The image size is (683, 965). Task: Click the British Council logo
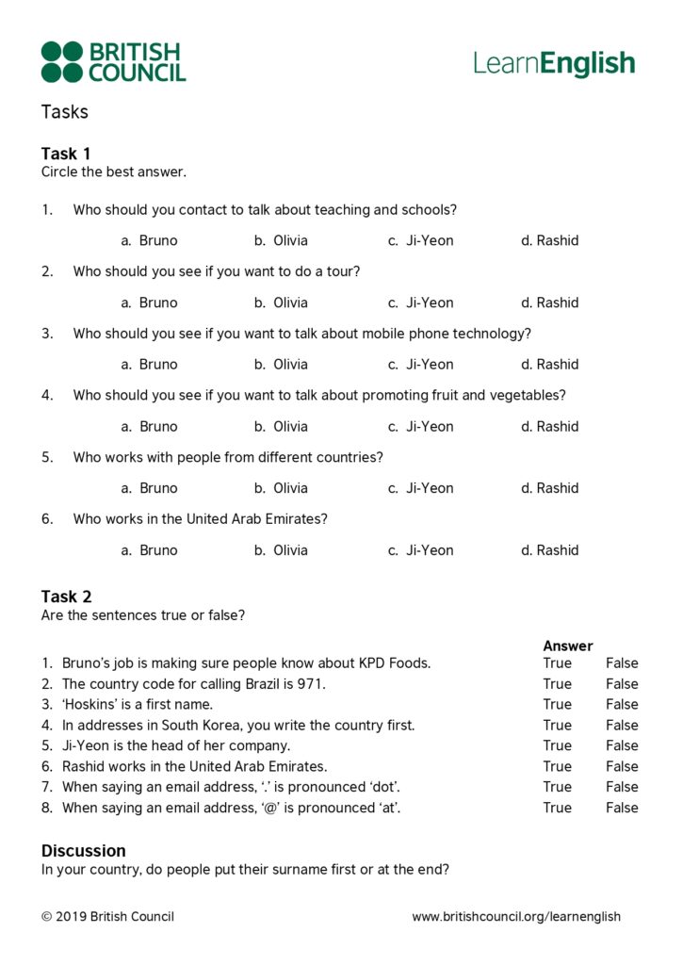click(x=113, y=61)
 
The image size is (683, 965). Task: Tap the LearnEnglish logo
click(x=554, y=63)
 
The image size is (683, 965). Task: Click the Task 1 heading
click(x=66, y=154)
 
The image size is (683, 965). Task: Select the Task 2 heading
click(x=66, y=597)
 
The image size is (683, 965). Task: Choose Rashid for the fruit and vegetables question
click(x=557, y=426)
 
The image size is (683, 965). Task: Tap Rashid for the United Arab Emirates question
click(x=557, y=550)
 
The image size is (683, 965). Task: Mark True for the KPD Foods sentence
click(x=557, y=663)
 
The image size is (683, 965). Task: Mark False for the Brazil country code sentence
click(x=622, y=684)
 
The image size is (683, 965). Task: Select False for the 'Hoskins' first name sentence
click(x=622, y=704)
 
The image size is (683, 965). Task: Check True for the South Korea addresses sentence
click(x=557, y=725)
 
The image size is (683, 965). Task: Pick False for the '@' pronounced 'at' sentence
click(x=622, y=808)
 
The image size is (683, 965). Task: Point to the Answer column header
click(x=568, y=646)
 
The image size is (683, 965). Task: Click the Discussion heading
click(x=83, y=850)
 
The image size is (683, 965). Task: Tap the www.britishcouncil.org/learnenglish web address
click(x=516, y=916)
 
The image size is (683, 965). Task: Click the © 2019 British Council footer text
click(x=107, y=916)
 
